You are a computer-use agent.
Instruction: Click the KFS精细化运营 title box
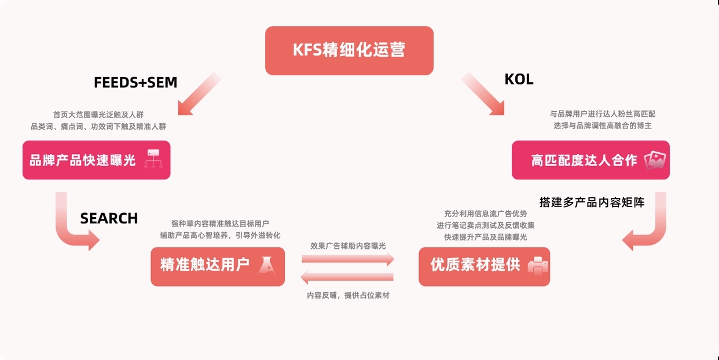click(349, 50)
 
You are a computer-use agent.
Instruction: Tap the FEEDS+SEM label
click(135, 83)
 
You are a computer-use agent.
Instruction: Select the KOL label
click(519, 80)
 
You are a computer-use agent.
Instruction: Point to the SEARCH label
click(109, 218)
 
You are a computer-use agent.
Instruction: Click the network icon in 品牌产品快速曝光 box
click(153, 159)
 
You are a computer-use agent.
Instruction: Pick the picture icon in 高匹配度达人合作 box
click(655, 160)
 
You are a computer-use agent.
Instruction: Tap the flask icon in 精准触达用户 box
click(267, 266)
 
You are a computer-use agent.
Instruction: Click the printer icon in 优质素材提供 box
click(537, 266)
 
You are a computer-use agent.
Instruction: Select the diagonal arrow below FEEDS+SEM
click(198, 94)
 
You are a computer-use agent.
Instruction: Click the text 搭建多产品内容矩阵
click(592, 203)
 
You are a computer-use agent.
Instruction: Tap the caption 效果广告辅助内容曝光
click(348, 246)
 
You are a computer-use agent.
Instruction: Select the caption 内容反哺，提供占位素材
click(348, 295)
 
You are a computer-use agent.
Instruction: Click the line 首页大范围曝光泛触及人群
click(98, 115)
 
